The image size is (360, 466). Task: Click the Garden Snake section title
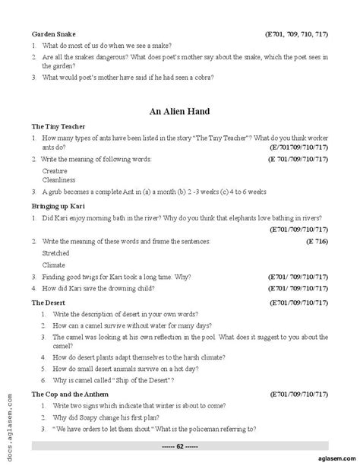pyautogui.click(x=55, y=34)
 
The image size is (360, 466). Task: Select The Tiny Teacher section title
pyautogui.click(x=58, y=126)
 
